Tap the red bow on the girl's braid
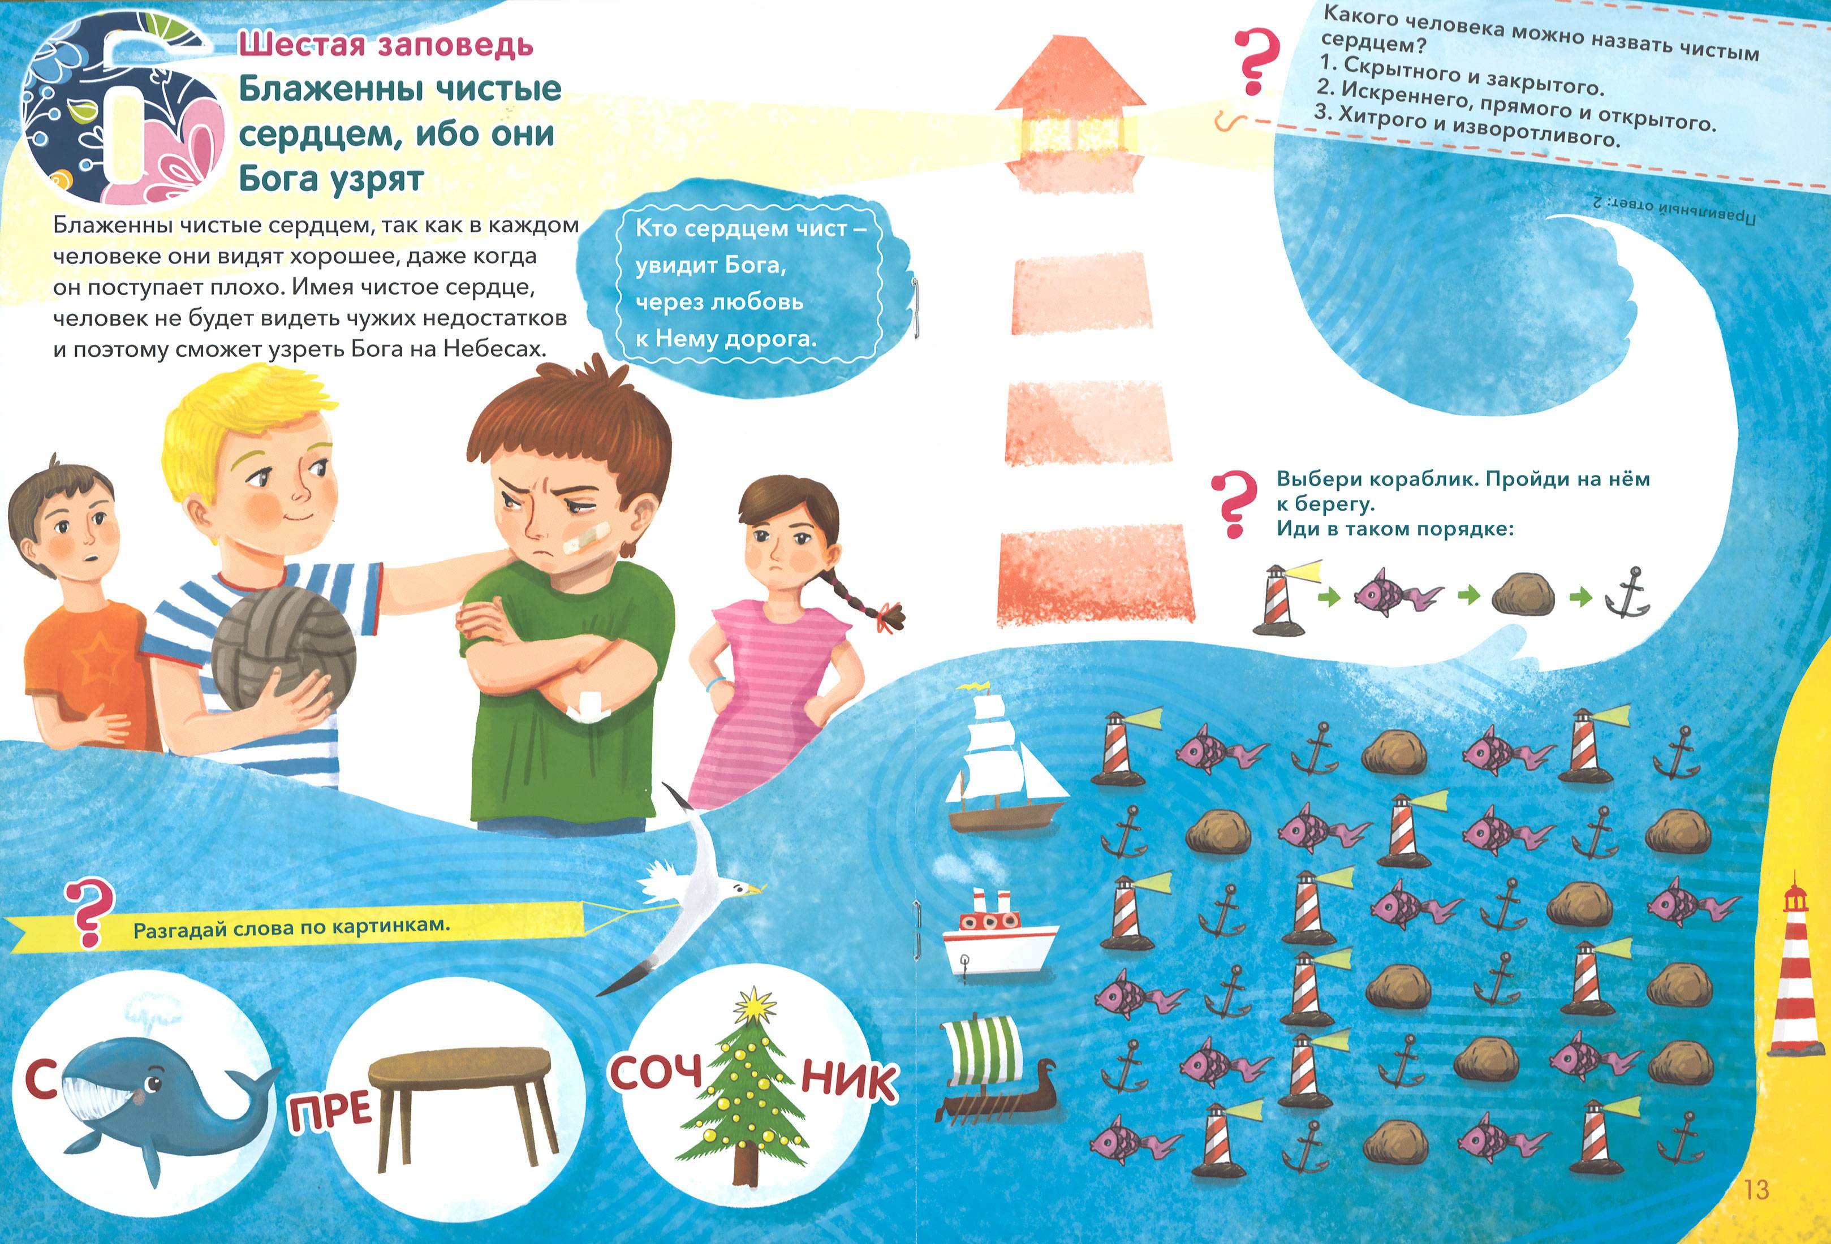(x=890, y=615)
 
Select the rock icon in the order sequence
(x=1523, y=593)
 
